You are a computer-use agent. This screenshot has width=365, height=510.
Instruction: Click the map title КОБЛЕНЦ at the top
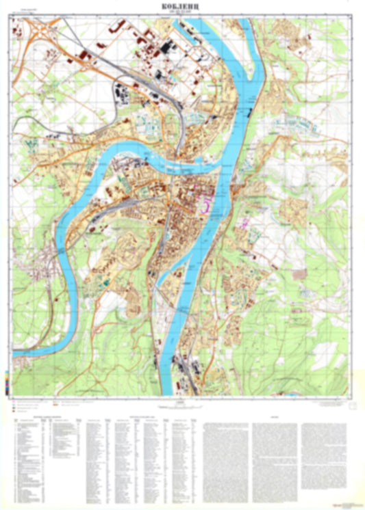point(182,6)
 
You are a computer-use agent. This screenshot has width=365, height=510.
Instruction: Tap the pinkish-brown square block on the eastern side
point(300,273)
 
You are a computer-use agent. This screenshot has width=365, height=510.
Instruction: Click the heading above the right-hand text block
point(274,415)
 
